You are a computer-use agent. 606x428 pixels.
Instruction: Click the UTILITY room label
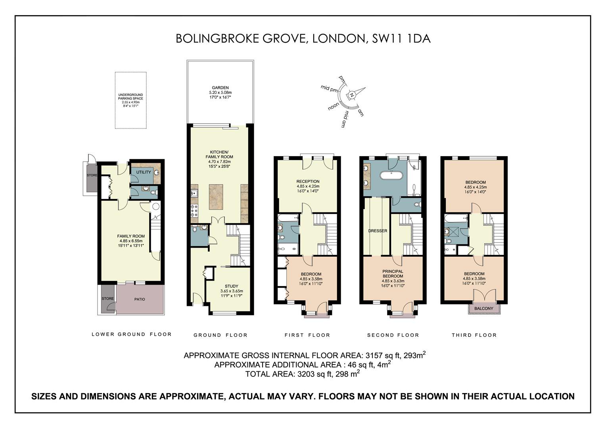coord(144,172)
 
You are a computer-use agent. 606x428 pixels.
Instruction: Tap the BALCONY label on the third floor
coord(484,308)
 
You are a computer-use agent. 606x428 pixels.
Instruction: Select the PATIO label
coord(140,299)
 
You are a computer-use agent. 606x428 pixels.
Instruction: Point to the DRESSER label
coord(378,231)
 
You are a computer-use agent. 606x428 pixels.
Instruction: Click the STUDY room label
coord(232,286)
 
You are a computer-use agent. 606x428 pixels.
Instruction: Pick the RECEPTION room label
coord(308,182)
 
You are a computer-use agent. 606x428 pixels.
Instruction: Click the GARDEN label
coord(220,88)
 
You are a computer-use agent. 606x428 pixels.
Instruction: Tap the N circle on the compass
coord(352,95)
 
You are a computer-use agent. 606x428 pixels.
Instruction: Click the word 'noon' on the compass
coord(334,106)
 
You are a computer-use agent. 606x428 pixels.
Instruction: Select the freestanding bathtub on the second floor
coord(391,175)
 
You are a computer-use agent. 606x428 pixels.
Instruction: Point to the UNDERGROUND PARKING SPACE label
coord(130,97)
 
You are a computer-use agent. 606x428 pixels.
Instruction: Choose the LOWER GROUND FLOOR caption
coord(132,334)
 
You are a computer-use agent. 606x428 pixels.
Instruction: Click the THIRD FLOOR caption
coord(474,335)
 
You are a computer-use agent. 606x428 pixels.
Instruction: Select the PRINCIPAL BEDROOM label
coord(393,273)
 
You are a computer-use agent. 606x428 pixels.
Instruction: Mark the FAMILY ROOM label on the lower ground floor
coord(131,236)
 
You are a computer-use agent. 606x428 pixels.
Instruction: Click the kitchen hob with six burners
coord(194,210)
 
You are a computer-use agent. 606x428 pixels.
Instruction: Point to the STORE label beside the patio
coord(107,298)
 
